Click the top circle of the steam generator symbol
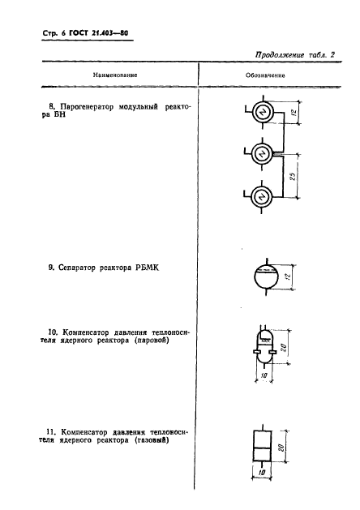click(x=261, y=114)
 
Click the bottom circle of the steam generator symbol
click(x=261, y=195)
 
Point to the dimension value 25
click(x=301, y=175)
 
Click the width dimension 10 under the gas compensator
click(x=261, y=474)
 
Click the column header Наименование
click(x=114, y=75)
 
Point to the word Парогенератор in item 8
click(x=85, y=106)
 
